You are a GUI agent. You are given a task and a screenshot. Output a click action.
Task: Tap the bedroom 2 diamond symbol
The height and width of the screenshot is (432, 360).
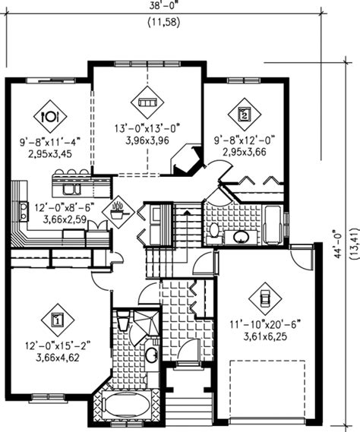(x=245, y=115)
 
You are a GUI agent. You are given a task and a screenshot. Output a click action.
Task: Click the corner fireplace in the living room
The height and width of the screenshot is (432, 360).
(x=185, y=161)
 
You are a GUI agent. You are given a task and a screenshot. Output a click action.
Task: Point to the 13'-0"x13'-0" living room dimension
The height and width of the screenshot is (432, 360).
(x=146, y=129)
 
